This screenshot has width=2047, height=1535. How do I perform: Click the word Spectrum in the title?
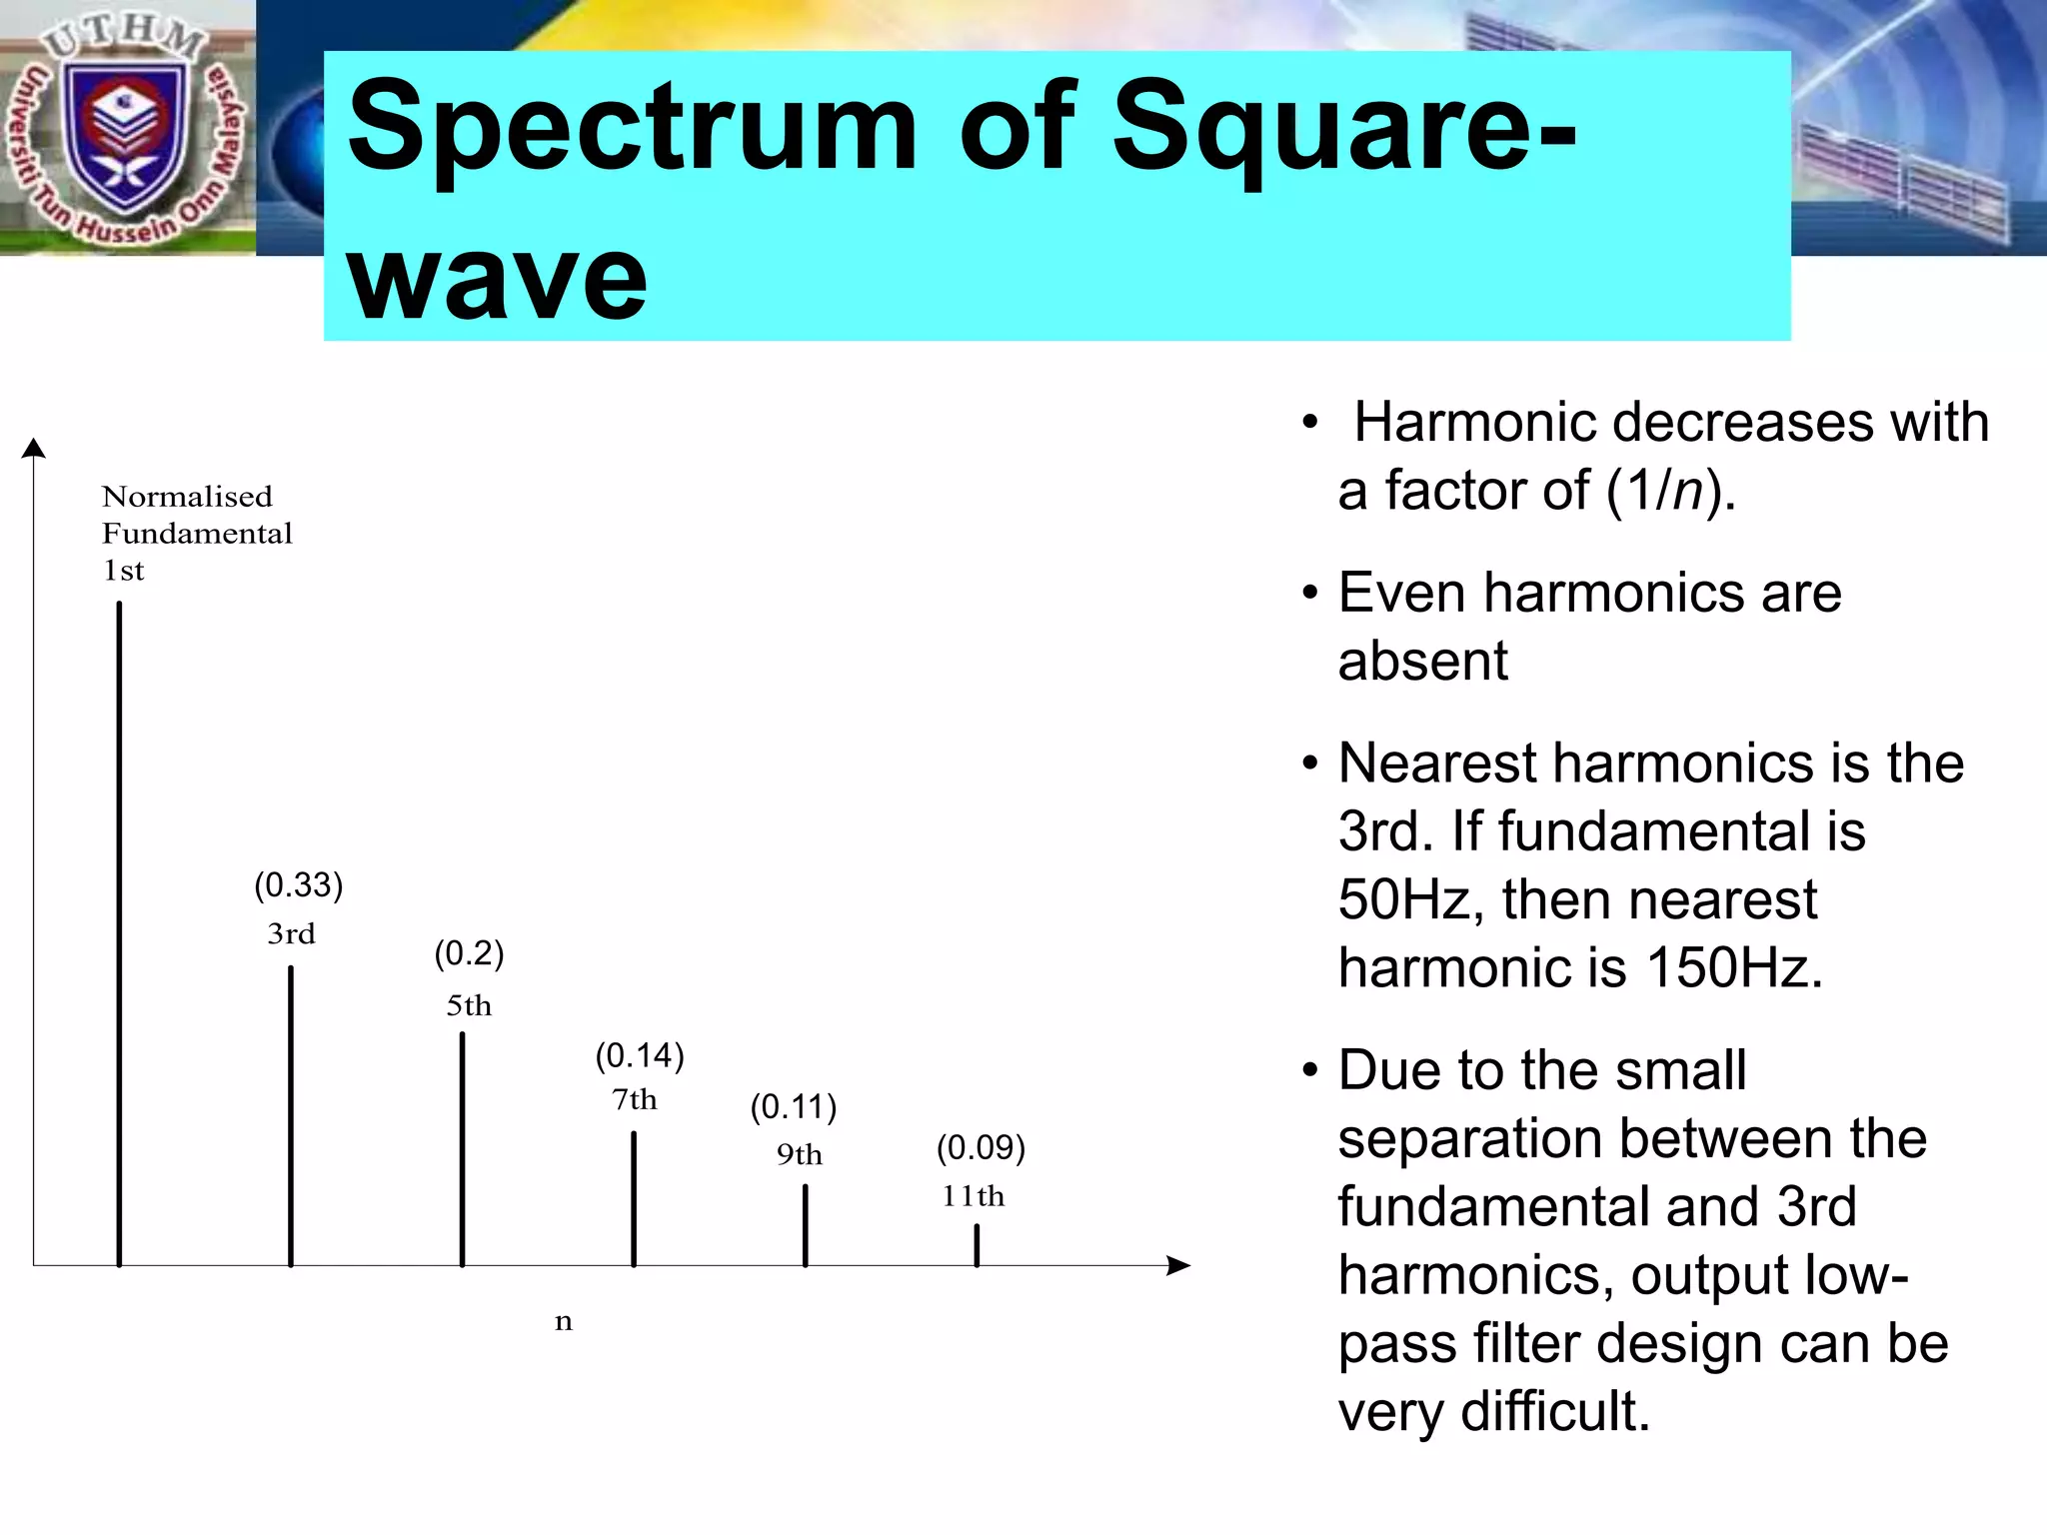[631, 128]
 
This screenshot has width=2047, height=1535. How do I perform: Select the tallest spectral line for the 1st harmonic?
[119, 933]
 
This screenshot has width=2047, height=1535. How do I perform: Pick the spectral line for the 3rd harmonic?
[291, 1115]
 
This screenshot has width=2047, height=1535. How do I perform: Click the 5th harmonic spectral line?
[462, 1149]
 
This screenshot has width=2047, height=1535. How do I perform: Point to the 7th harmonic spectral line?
[634, 1198]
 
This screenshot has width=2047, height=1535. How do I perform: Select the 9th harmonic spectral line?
[806, 1225]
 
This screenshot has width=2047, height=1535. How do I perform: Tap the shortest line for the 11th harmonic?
[977, 1245]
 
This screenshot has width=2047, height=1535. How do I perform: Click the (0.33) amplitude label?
[298, 885]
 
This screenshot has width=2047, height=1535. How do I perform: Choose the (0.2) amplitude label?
[469, 953]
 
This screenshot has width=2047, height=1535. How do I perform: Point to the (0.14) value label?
[640, 1056]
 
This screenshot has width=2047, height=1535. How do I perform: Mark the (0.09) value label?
[981, 1147]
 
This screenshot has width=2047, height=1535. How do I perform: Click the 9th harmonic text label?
[800, 1154]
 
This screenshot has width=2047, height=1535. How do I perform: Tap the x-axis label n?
[564, 1322]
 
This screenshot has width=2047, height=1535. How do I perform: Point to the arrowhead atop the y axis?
[34, 448]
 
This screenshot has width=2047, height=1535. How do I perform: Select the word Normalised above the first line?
[187, 497]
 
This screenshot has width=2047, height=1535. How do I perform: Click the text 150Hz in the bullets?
[1734, 967]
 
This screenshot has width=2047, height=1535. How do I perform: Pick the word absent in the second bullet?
[1422, 662]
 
